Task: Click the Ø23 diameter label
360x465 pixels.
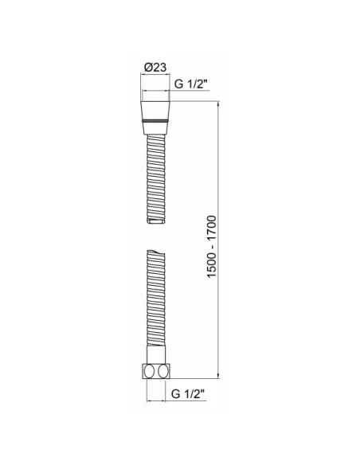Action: coord(155,68)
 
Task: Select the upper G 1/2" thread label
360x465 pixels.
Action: coord(190,84)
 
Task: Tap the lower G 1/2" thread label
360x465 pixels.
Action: coord(188,394)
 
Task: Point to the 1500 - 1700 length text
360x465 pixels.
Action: coord(212,247)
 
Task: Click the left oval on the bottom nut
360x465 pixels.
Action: coord(149,371)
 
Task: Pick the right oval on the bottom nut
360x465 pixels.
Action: coord(162,371)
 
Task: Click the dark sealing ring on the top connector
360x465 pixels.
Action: coord(155,121)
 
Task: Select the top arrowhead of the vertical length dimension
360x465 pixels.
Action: coord(218,104)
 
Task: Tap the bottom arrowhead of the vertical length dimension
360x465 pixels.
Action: coord(218,376)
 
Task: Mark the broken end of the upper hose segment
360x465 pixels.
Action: coord(156,221)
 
